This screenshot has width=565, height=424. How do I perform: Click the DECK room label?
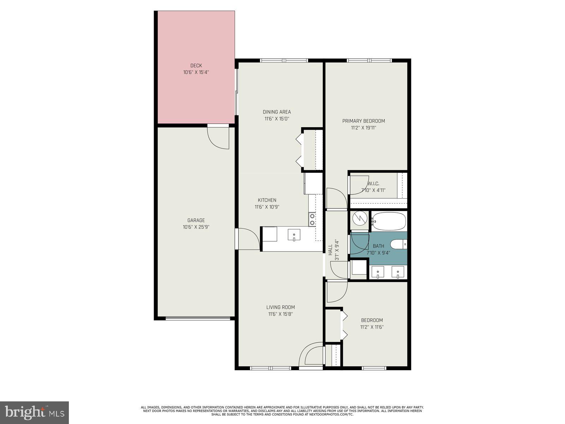[196, 65]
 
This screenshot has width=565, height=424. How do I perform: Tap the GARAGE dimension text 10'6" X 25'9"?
[196, 227]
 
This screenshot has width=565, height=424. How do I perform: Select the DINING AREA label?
[276, 112]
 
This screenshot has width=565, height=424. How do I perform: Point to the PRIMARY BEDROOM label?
[363, 121]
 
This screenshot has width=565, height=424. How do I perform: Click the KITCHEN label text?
[267, 200]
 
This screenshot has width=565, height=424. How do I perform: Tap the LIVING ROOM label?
[280, 307]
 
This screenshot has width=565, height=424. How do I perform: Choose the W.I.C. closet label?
[373, 184]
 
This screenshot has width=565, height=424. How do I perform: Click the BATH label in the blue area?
[378, 246]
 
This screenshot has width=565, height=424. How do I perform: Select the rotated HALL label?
[330, 250]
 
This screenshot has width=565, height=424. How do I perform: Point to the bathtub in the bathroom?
[389, 221]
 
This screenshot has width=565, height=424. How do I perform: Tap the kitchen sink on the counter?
[294, 235]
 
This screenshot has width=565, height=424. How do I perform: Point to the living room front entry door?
[311, 355]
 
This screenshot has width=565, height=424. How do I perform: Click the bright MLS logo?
[35, 412]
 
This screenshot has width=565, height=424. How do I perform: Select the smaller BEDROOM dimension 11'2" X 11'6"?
[372, 327]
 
